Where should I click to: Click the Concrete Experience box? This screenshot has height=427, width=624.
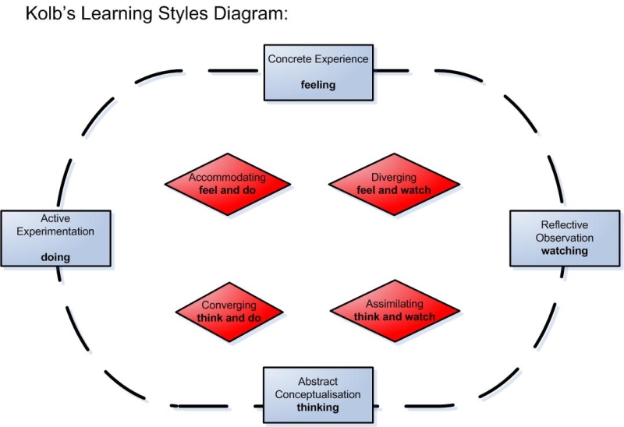coord(317,72)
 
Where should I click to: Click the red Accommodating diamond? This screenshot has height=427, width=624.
coord(228,184)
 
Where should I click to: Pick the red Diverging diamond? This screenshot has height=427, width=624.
coord(393,184)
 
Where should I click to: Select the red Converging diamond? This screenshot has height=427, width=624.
coord(229,312)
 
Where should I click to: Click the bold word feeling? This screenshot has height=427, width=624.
coord(318,85)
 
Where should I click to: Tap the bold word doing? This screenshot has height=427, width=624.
coord(55,257)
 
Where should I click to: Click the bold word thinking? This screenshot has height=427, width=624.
coord(318,407)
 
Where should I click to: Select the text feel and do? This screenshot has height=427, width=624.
coord(228,190)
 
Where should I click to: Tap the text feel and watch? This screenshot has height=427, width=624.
coord(394,190)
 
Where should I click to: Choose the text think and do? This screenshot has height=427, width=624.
coord(229,318)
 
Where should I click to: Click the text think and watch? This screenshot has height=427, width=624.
coord(395,317)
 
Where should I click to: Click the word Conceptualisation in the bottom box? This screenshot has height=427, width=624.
coord(318,394)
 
